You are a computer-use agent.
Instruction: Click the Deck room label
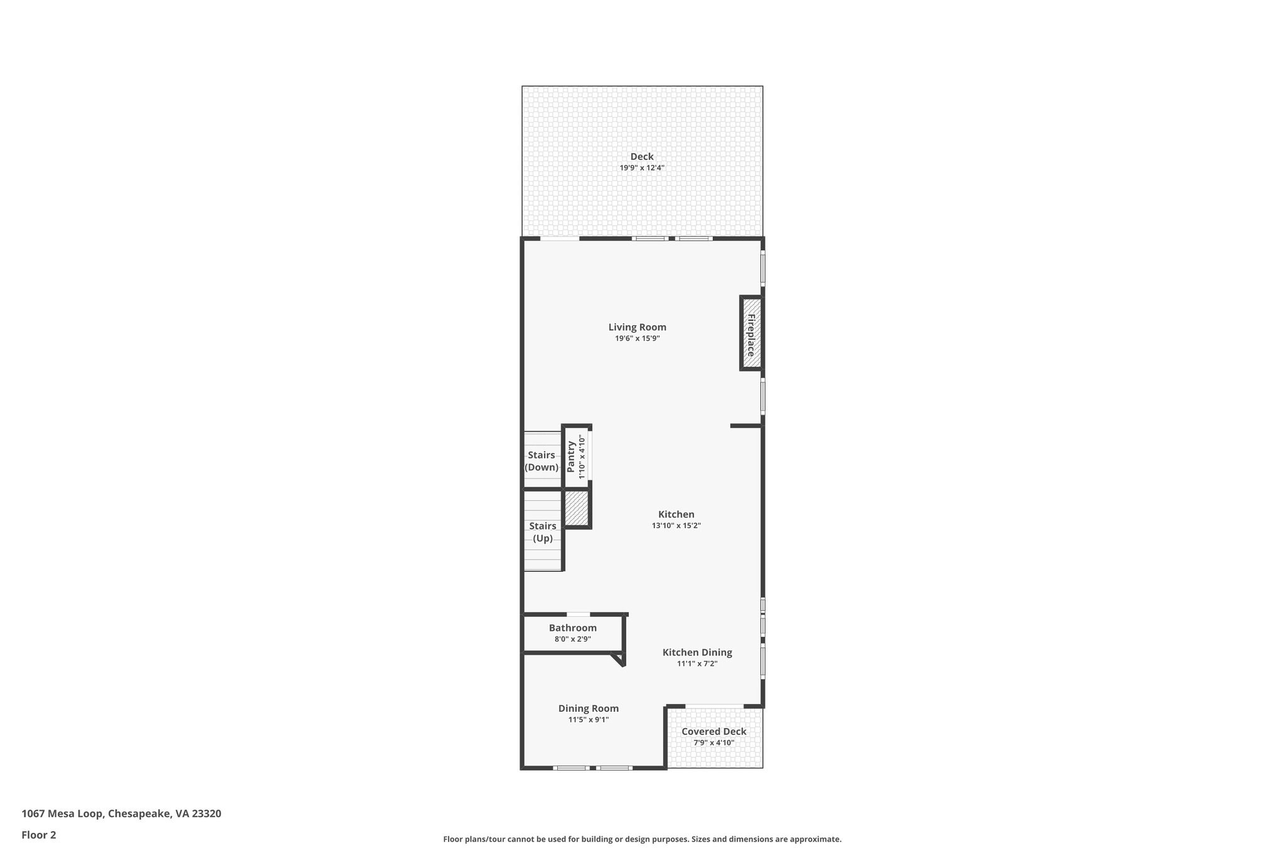(642, 157)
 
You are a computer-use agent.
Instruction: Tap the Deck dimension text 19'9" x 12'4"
(642, 168)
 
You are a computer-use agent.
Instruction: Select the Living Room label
(637, 327)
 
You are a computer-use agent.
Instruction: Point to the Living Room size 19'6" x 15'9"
(637, 339)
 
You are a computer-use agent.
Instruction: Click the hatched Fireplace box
(751, 334)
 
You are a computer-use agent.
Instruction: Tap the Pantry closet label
(571, 457)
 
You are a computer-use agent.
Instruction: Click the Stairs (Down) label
(541, 461)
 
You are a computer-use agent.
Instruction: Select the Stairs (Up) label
(543, 532)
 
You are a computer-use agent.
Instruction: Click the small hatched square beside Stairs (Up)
(577, 509)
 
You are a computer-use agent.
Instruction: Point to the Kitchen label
(676, 514)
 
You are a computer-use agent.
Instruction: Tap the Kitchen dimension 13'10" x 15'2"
(676, 526)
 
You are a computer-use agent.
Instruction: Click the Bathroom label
(572, 628)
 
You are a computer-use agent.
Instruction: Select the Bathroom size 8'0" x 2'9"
(572, 639)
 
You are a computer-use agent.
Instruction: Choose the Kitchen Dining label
(697, 652)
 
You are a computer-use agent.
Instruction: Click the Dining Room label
(589, 709)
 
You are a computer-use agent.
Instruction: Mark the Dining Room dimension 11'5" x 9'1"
(589, 720)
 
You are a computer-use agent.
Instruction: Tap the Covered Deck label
(714, 731)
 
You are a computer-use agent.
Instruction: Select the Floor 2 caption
(39, 835)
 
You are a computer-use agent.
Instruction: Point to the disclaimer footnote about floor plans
(642, 839)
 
